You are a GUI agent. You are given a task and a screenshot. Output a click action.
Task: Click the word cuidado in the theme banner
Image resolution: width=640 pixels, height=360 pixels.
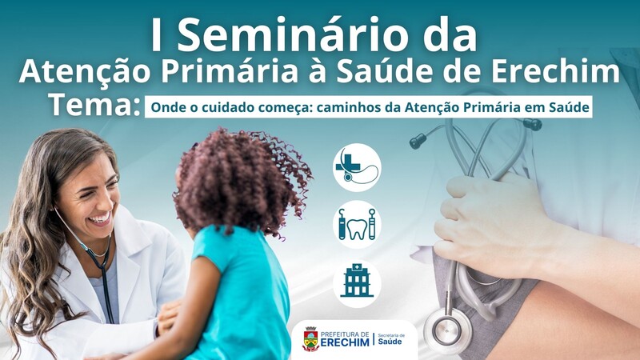[223, 107]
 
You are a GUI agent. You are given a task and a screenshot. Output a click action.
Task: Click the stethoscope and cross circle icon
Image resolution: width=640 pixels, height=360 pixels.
[357, 167]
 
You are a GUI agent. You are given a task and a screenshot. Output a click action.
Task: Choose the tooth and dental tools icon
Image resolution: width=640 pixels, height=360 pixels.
[357, 225]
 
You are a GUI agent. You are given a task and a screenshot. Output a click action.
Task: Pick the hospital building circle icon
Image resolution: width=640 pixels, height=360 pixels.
[357, 284]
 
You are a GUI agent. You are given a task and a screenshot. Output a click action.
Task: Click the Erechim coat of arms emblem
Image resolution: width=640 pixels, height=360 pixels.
[310, 338]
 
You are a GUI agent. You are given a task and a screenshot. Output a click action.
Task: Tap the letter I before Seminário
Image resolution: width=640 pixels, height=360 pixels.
[155, 35]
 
